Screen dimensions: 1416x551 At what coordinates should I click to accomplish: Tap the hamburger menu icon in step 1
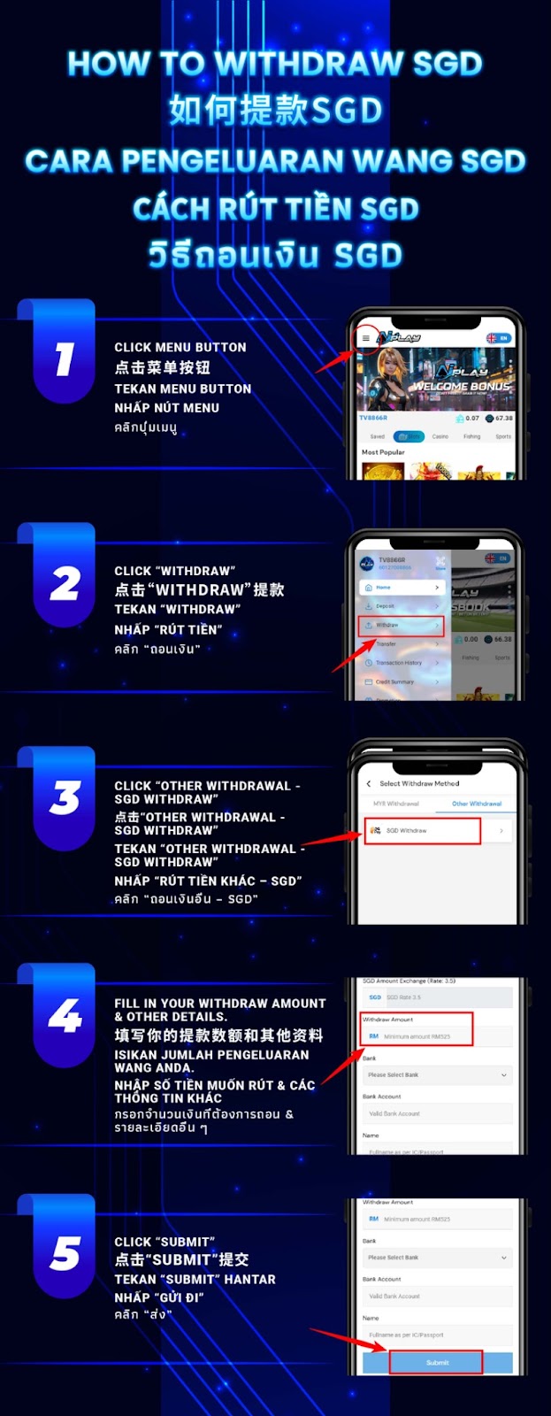click(366, 338)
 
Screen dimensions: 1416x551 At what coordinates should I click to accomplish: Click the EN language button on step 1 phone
click(498, 338)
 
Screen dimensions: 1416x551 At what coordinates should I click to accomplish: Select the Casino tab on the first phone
click(440, 436)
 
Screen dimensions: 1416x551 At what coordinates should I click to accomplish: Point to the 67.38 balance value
click(503, 418)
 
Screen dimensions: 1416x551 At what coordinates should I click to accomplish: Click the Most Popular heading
click(383, 452)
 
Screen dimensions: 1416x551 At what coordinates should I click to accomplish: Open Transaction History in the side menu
click(400, 663)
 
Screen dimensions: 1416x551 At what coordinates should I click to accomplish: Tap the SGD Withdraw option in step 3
click(422, 830)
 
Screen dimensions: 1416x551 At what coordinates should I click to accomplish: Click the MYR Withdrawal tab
click(396, 804)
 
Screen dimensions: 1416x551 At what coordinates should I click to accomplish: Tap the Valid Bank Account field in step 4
click(437, 1113)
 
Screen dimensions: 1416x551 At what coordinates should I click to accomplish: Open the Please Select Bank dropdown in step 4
click(437, 1074)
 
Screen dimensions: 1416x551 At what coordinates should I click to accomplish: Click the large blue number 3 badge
click(65, 798)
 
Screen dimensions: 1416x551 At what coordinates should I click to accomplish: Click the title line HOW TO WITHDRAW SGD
click(275, 64)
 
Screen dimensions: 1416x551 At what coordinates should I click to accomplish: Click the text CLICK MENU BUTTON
click(180, 348)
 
